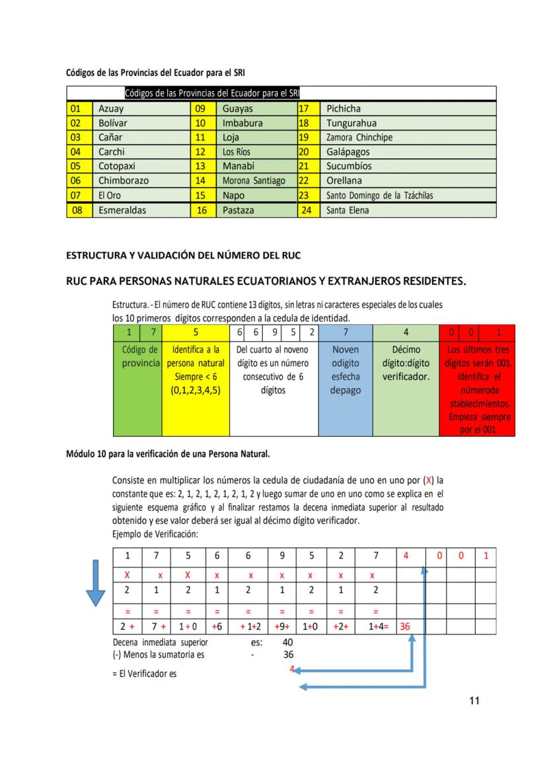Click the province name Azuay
(x=111, y=109)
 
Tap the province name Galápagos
(x=347, y=152)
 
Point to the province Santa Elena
(x=347, y=210)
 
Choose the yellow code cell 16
(x=202, y=210)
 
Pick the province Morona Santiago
(x=254, y=181)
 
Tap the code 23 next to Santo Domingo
(x=305, y=195)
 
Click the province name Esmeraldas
(x=122, y=210)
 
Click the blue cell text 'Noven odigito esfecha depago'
(x=346, y=370)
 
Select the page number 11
(x=474, y=701)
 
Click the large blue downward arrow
(x=96, y=583)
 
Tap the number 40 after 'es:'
(x=287, y=641)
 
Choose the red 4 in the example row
(x=406, y=556)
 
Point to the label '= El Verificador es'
(x=145, y=674)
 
